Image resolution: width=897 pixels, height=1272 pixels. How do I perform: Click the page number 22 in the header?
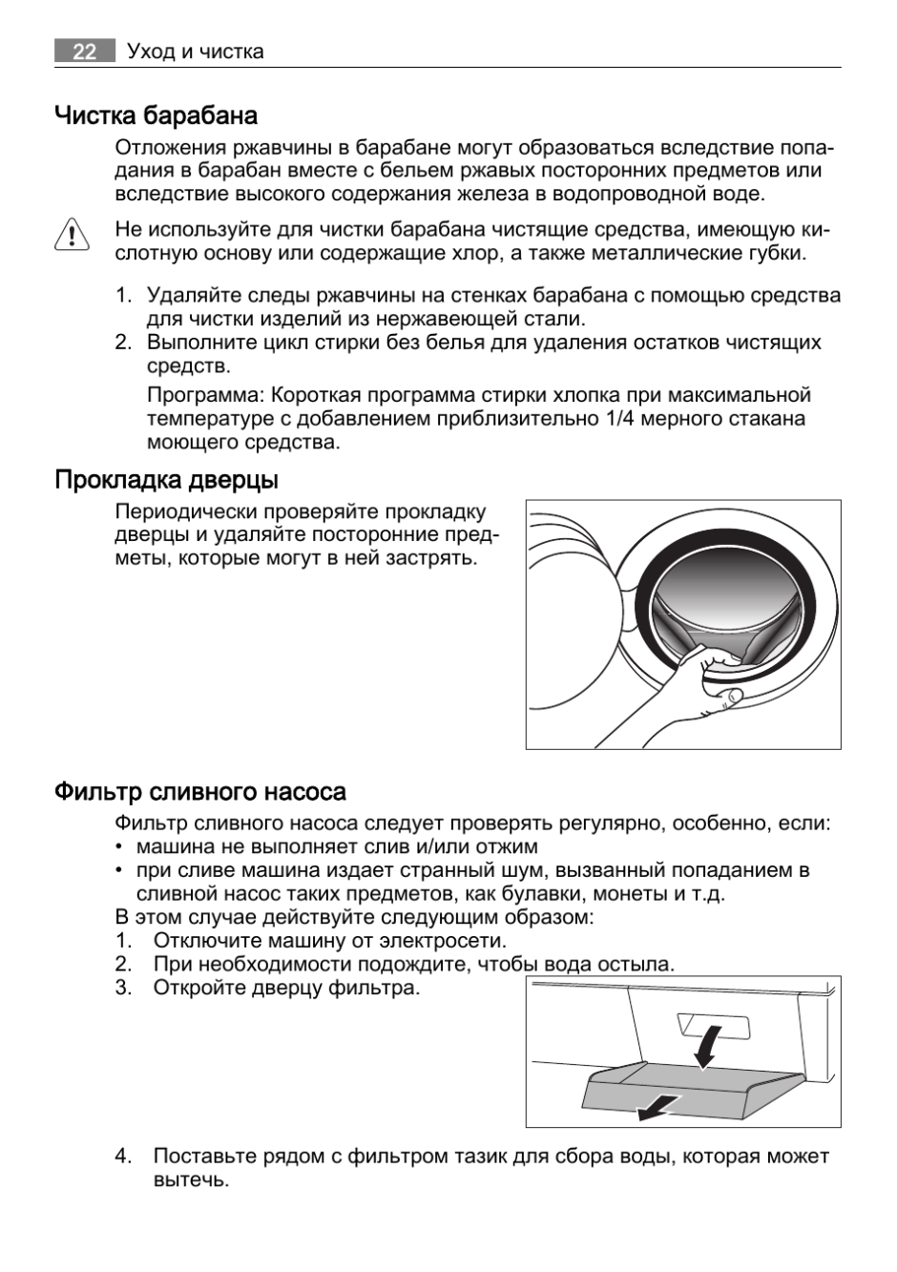point(84,52)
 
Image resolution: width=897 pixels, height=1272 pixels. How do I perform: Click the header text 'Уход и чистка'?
point(196,52)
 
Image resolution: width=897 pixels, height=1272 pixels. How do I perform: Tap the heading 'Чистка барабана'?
point(156,116)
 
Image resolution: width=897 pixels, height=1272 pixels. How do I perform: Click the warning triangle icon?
point(73,235)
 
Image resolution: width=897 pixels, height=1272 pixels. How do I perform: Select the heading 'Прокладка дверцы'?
point(166,479)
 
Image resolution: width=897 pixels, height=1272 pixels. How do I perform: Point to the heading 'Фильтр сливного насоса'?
point(199,792)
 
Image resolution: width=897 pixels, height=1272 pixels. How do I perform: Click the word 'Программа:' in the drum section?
point(205,395)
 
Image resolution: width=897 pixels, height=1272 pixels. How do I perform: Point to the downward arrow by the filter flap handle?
point(706,1048)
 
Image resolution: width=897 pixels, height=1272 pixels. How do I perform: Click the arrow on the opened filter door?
point(657,1108)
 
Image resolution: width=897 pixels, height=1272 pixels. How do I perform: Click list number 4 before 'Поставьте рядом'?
point(123,1157)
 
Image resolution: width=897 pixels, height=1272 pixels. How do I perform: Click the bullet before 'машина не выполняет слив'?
point(118,847)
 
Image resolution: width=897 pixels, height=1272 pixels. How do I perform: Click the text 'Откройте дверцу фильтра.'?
point(286,988)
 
